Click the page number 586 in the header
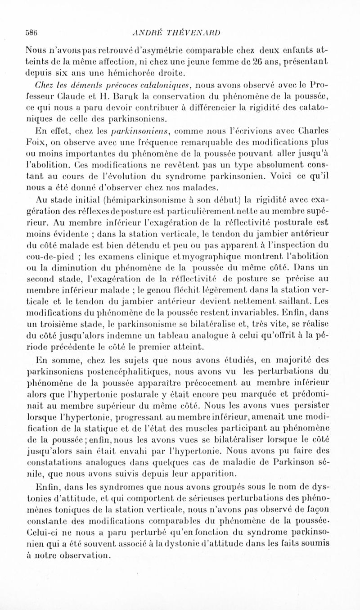32,32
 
